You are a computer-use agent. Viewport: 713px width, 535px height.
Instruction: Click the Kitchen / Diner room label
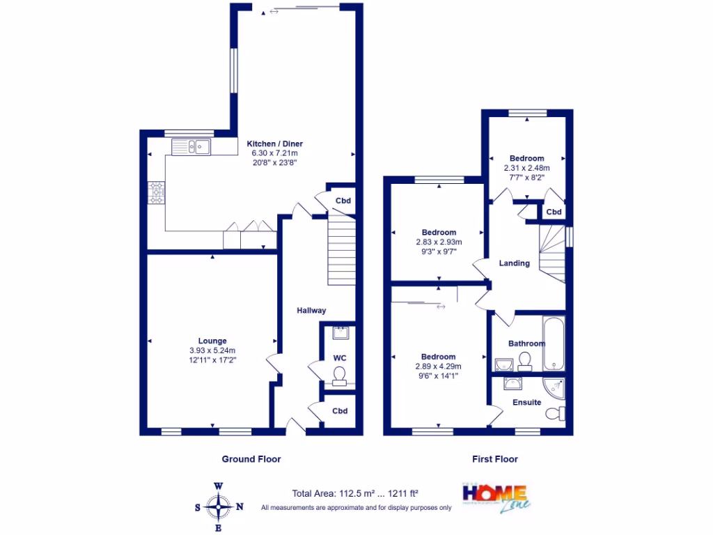[x=275, y=144]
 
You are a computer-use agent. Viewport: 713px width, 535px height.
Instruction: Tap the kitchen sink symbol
[x=191, y=147]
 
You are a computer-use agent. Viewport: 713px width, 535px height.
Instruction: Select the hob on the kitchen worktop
[x=156, y=193]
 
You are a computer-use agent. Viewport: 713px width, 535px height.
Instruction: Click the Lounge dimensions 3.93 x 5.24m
[x=212, y=350]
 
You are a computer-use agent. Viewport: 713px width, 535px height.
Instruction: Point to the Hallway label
[x=311, y=311]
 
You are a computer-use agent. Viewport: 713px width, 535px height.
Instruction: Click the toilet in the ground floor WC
[x=339, y=378]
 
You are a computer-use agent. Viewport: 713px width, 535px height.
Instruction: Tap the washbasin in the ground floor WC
[x=340, y=333]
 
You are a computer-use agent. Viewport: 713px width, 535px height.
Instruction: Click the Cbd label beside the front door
[x=339, y=411]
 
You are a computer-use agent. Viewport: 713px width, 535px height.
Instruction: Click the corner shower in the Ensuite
[x=556, y=388]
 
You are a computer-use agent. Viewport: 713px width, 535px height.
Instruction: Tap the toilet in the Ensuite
[x=555, y=414]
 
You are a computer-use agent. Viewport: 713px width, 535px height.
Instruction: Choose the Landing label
[x=515, y=263]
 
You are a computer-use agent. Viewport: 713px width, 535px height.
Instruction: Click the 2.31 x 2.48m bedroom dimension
[x=526, y=168]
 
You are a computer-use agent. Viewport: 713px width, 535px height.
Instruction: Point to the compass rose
[x=219, y=506]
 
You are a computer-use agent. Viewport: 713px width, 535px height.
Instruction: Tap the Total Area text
[x=356, y=493]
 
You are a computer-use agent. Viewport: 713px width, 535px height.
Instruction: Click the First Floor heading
[x=495, y=459]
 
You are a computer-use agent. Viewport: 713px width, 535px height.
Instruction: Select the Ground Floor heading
[x=251, y=459]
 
